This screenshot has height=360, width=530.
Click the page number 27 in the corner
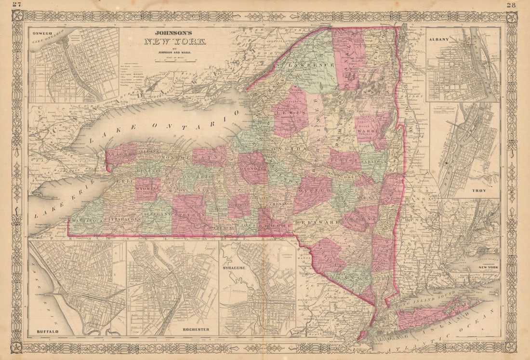pos(17,5)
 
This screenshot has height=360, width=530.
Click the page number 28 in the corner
pos(512,5)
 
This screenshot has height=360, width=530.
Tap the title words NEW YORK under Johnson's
pos(175,41)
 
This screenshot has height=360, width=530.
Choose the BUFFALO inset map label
pos(47,332)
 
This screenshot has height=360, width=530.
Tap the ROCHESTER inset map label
pos(196,329)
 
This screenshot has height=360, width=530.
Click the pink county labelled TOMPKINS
pos(239,205)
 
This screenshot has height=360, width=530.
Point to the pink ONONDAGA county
pos(252,167)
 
